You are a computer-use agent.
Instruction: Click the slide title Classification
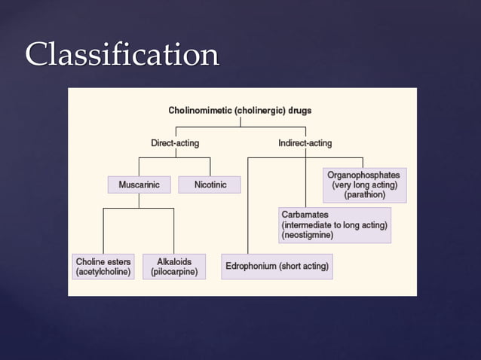pos(122,55)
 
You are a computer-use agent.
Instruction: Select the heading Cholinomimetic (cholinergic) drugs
pos(240,110)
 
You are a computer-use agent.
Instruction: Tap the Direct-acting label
pos(176,142)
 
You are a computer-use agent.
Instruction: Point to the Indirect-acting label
pos(305,142)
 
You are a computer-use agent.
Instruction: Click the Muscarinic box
pos(139,185)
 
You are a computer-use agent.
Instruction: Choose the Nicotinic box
pos(210,185)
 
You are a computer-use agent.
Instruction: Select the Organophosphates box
pos(364,185)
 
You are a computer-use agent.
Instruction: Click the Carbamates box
pos(335,224)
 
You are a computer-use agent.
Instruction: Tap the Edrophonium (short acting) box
pos(277,267)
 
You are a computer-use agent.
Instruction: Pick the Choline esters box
pos(104,267)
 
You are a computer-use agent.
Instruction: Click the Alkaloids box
pos(174,267)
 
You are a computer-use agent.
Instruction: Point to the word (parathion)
pos(364,194)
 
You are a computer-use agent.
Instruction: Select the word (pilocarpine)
pos(174,272)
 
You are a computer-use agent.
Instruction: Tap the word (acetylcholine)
pos(104,272)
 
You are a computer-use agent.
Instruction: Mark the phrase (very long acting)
pos(364,185)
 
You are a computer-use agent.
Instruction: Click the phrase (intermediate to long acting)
pos(335,224)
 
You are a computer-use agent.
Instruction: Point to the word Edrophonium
pos(251,267)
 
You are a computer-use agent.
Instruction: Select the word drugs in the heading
pos(299,110)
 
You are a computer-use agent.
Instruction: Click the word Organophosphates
pos(364,175)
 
